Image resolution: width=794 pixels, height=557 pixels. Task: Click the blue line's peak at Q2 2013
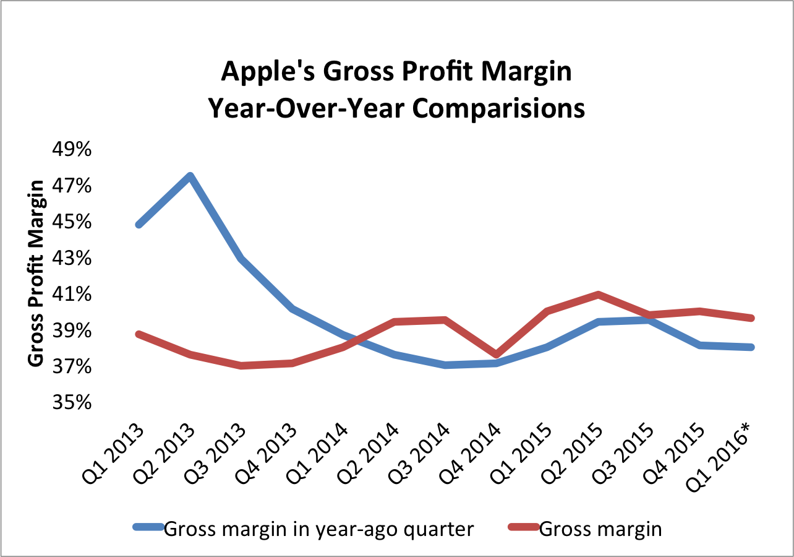coord(190,176)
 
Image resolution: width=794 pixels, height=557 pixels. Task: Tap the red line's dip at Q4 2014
coord(496,355)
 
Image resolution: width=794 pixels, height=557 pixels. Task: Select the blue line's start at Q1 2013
coord(139,225)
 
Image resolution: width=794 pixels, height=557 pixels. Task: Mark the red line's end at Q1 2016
coord(751,318)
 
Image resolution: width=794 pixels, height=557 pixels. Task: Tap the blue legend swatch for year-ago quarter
coord(148,528)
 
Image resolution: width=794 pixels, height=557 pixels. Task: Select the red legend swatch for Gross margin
coord(523,528)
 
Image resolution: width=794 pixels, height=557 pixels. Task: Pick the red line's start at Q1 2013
coord(139,334)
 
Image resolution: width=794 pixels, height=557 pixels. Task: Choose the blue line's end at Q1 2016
coord(751,347)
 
